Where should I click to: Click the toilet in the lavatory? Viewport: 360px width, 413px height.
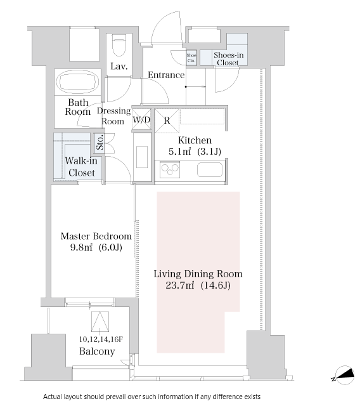tap(119, 45)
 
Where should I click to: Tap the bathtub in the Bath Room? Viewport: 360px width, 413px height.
tap(78, 81)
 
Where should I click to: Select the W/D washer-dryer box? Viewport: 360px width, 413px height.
tap(141, 119)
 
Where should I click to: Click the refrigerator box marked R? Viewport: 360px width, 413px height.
tap(167, 121)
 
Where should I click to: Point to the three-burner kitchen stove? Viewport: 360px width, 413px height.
tap(170, 169)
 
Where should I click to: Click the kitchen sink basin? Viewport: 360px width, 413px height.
tap(210, 170)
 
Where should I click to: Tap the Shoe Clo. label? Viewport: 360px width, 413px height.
tap(191, 58)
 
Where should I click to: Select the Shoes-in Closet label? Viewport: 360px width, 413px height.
tap(228, 59)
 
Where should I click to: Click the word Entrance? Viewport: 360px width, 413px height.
tap(166, 75)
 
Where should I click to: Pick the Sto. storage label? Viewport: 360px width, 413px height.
tap(100, 142)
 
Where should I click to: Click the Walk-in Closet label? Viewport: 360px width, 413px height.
tap(81, 166)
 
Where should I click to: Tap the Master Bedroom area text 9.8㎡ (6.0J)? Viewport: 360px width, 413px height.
tap(96, 247)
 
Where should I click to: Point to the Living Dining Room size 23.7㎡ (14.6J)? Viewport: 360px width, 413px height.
tap(198, 285)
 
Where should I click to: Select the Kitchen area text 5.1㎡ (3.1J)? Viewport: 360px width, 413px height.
tap(195, 152)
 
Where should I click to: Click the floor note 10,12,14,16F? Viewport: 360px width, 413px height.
tap(101, 339)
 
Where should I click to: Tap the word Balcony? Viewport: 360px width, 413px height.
tap(97, 351)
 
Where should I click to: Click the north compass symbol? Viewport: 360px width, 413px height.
tap(345, 375)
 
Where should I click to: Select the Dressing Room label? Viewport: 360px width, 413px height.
tap(113, 116)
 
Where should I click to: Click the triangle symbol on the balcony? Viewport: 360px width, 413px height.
tap(100, 322)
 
